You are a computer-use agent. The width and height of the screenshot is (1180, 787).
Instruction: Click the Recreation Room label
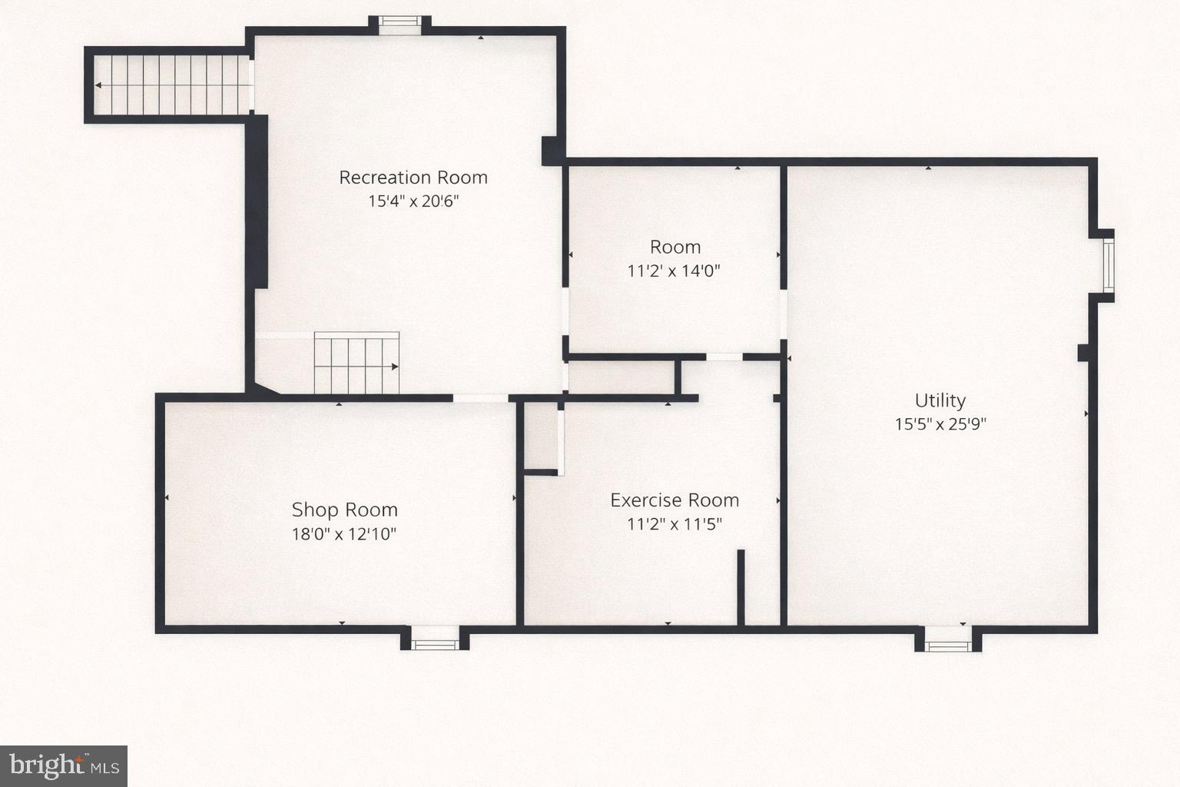click(x=413, y=178)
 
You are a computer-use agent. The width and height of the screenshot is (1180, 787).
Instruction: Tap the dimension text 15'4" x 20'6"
click(x=413, y=201)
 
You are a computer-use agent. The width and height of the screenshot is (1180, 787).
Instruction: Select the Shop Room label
click(x=344, y=510)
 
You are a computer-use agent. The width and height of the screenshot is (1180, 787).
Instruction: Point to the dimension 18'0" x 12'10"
click(x=344, y=533)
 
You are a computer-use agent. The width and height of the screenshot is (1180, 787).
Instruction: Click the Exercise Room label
click(x=675, y=500)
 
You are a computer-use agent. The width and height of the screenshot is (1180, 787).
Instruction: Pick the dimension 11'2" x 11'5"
click(x=675, y=524)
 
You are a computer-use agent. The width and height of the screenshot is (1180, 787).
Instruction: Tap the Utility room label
click(x=940, y=400)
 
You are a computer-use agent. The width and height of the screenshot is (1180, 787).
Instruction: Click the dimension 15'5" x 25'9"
click(x=940, y=423)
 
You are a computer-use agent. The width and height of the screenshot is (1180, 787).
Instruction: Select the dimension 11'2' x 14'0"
click(x=674, y=271)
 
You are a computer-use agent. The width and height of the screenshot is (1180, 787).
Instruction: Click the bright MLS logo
click(x=64, y=765)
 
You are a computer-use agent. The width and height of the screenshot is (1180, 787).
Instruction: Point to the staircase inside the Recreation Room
click(x=356, y=364)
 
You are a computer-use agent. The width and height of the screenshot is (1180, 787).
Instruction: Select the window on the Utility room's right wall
click(x=1108, y=265)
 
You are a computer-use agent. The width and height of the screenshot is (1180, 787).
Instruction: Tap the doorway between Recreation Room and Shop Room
click(x=481, y=398)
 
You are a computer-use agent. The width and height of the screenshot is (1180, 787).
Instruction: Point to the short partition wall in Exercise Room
click(x=741, y=587)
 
